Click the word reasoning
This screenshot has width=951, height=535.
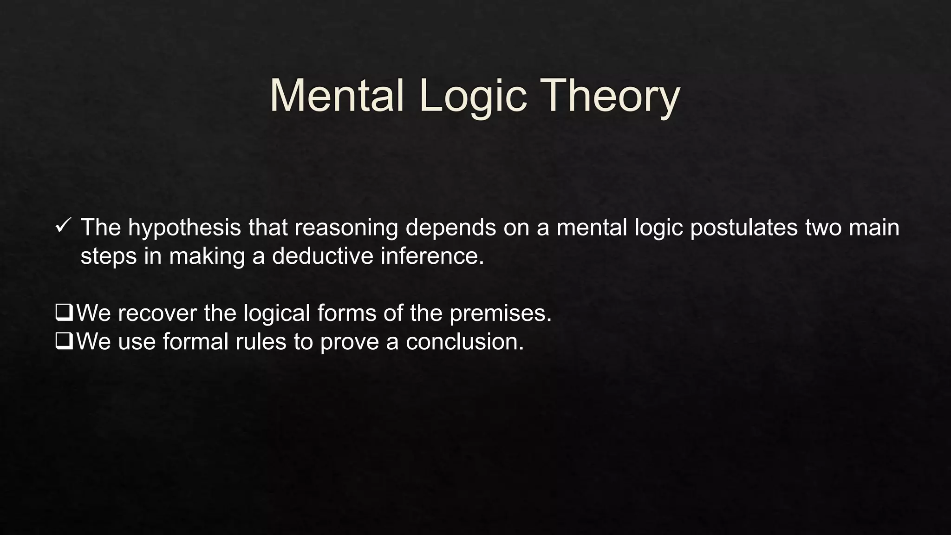click(x=346, y=228)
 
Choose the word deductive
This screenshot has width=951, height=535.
click(x=322, y=256)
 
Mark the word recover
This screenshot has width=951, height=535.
click(x=157, y=313)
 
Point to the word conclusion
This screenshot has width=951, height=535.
click(x=464, y=342)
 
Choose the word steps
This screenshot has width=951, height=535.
click(x=109, y=256)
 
